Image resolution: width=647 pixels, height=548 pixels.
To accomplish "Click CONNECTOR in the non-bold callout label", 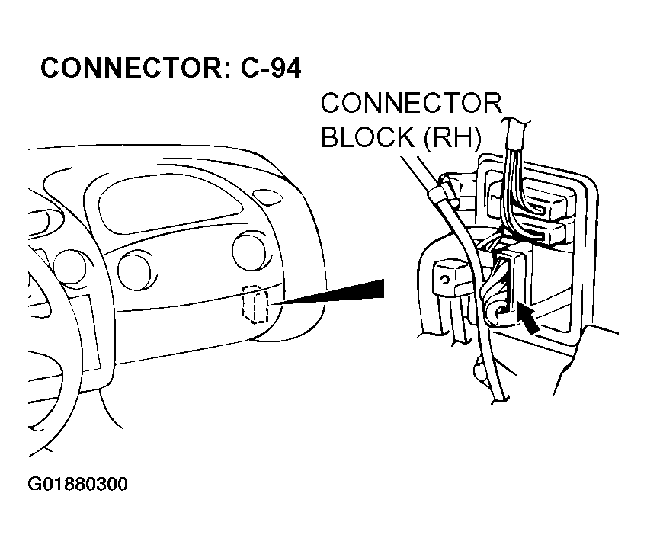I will coord(412,104).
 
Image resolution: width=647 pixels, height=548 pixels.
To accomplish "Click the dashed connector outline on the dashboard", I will coord(254,306).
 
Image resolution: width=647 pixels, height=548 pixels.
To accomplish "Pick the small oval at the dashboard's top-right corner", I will coord(267,197).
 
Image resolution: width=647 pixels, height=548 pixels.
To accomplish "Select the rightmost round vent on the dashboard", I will coord(246,252).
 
